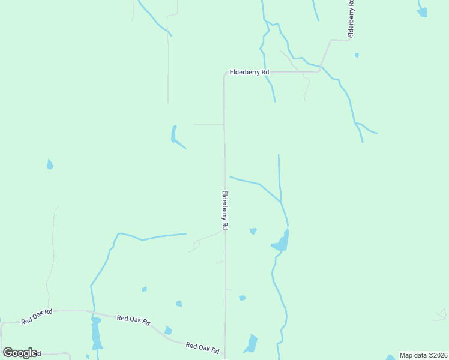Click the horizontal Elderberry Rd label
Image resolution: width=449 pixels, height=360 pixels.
tap(249, 72)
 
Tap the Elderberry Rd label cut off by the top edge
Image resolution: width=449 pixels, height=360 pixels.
tap(351, 18)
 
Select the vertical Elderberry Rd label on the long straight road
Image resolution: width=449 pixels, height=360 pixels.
tap(225, 211)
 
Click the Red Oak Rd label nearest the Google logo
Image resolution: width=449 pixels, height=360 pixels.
tap(37, 316)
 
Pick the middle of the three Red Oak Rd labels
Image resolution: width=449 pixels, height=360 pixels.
tap(133, 319)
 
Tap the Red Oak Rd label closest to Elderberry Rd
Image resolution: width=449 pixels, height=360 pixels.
tap(202, 347)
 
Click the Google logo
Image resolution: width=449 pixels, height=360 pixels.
tap(20, 353)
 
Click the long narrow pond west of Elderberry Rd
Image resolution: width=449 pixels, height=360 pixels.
tap(174, 134)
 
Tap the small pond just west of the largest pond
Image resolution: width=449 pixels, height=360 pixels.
tap(253, 231)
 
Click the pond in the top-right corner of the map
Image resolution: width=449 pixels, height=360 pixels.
tap(423, 10)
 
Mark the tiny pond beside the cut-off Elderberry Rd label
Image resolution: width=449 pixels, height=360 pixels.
tap(357, 55)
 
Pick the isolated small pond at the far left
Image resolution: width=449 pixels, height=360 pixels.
tap(50, 164)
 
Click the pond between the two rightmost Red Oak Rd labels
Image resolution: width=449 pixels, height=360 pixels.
tap(168, 331)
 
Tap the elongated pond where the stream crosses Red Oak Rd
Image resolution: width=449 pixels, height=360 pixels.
tap(96, 333)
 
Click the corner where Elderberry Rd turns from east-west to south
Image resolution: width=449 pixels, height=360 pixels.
tap(225, 73)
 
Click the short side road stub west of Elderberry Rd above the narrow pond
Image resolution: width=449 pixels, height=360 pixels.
tap(208, 124)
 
